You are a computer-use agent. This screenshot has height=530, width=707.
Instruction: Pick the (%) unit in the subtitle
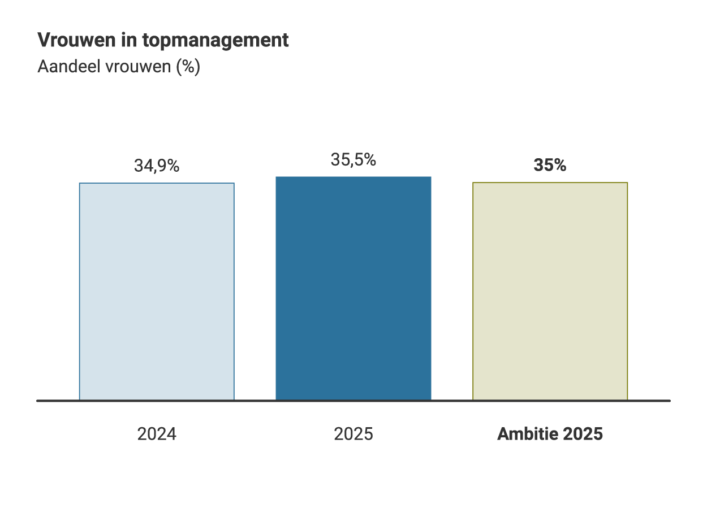[x=188, y=67]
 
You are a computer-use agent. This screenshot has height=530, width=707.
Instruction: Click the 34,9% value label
[x=157, y=166]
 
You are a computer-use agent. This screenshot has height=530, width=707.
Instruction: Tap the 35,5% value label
[x=353, y=160]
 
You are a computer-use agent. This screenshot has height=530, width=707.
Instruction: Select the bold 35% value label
[x=550, y=166]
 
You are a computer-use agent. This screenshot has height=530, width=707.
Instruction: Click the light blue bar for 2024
[x=157, y=292]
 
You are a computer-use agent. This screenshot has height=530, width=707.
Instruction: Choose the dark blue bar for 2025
[x=353, y=288]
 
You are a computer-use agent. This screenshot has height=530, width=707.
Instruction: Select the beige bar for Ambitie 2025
[x=550, y=292]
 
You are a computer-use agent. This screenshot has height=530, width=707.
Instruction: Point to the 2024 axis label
[x=157, y=434]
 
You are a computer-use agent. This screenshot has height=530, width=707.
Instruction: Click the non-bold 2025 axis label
[x=353, y=434]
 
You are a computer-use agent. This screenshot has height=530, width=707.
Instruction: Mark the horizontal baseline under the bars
[x=353, y=401]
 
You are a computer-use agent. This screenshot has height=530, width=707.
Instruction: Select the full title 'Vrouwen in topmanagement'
[x=163, y=41]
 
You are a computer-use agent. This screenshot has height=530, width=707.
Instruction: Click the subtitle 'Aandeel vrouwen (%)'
[x=119, y=67]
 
